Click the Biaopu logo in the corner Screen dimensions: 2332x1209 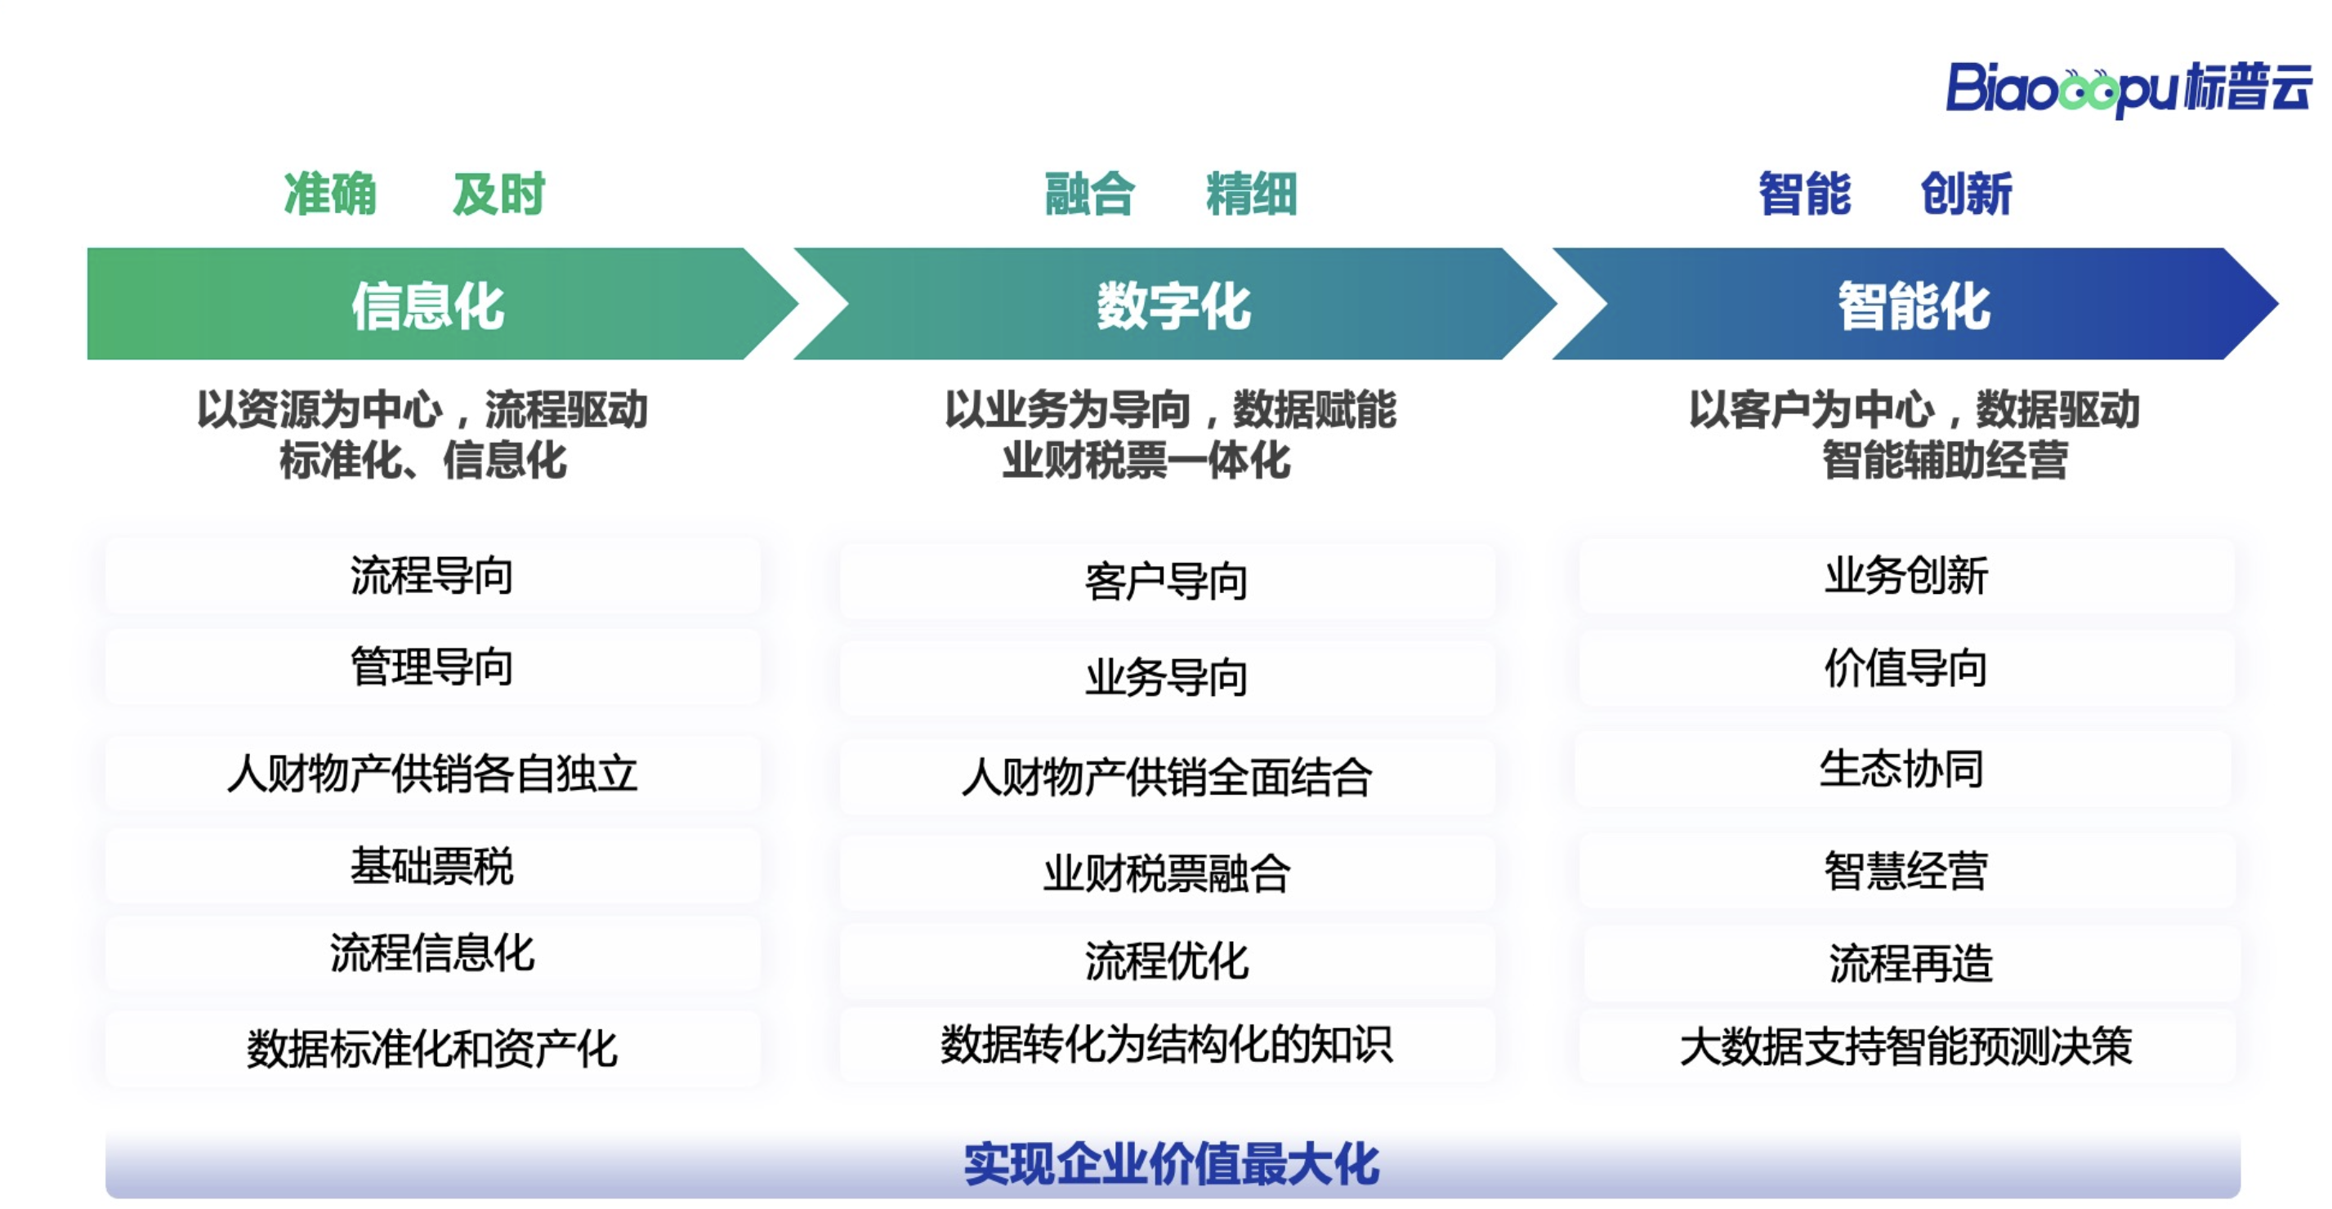2129,89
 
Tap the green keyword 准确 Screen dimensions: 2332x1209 330,194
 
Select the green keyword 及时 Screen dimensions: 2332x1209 498,194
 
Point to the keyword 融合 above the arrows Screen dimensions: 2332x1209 1090,194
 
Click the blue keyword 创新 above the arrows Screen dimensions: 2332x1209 1966,194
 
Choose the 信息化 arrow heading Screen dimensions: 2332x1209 428,306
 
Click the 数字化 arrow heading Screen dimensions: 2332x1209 1174,306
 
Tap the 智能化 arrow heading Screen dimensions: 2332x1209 1914,306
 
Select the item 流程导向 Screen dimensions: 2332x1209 431,576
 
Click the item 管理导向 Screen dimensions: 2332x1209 431,667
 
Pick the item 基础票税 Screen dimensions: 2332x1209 431,866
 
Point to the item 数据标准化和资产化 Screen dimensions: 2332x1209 431,1049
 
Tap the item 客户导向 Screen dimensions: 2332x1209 1166,581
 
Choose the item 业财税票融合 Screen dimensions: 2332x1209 1166,872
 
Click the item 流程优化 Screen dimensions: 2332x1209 1166,960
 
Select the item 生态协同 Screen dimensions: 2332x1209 1902,770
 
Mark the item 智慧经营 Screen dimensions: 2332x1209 1905,871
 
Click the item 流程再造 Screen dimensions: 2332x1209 1910,963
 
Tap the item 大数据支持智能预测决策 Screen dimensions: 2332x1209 1905,1046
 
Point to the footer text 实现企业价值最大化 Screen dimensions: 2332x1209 1172,1164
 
